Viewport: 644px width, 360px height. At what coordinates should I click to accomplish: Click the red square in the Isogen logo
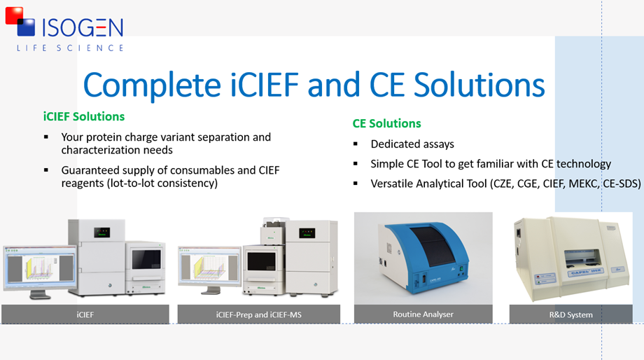pos(14,15)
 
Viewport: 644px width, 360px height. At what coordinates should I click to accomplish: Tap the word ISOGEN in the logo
pos(82,28)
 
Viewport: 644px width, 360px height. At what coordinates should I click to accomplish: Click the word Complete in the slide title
pos(153,85)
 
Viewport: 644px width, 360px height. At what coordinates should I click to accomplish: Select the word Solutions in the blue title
pos(479,85)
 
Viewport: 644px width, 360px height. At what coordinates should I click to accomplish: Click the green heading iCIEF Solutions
pos(84,117)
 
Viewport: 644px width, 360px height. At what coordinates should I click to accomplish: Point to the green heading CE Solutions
pos(386,124)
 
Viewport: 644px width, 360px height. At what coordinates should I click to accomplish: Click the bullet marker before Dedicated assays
pos(356,144)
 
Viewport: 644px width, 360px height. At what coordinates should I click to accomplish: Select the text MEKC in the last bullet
pos(583,184)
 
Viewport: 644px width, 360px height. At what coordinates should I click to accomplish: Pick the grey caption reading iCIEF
pos(85,314)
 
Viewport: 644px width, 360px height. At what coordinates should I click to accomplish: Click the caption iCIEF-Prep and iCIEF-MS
pos(259,314)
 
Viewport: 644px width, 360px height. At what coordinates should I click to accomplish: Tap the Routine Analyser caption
pos(423,314)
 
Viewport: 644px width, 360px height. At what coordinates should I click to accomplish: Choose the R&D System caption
pos(571,314)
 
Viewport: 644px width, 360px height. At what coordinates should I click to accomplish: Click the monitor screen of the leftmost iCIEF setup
pos(39,268)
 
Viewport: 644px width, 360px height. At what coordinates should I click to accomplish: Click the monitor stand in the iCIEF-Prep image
pos(212,290)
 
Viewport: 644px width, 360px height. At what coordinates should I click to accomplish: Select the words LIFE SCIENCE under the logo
pos(70,48)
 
